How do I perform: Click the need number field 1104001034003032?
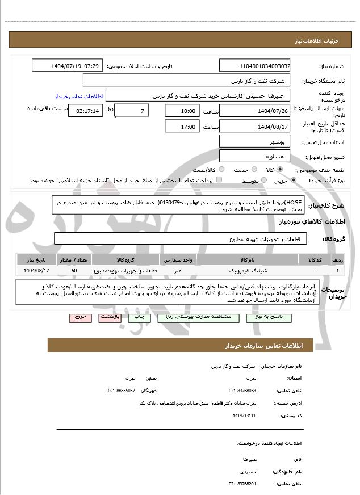[254, 66]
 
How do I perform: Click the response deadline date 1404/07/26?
[254, 111]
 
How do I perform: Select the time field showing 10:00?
[182, 111]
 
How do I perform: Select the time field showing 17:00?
[182, 127]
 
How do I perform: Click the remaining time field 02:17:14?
[86, 111]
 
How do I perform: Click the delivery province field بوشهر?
[254, 141]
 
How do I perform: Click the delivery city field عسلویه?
[254, 156]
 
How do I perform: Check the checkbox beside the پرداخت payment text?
[219, 181]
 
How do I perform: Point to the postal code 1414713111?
[245, 416]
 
